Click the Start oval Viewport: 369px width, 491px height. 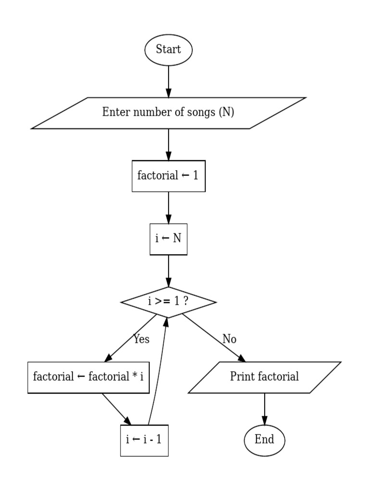[168, 49]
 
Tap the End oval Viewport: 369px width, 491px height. [264, 439]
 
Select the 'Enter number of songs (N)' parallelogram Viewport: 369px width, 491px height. [168, 113]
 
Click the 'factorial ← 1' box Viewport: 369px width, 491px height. [168, 176]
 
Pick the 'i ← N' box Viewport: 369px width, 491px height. [168, 238]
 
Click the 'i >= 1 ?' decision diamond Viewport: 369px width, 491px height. [168, 302]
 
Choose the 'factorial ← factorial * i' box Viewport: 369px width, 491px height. [88, 377]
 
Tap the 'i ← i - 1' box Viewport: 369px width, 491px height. [144, 440]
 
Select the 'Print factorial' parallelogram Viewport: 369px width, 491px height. [264, 377]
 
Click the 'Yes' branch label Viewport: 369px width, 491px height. [141, 339]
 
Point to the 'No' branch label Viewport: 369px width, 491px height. [229, 339]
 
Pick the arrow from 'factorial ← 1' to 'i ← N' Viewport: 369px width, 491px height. [168, 207]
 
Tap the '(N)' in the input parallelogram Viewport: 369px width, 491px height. [226, 113]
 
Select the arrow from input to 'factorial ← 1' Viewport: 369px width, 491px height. [168, 144]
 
